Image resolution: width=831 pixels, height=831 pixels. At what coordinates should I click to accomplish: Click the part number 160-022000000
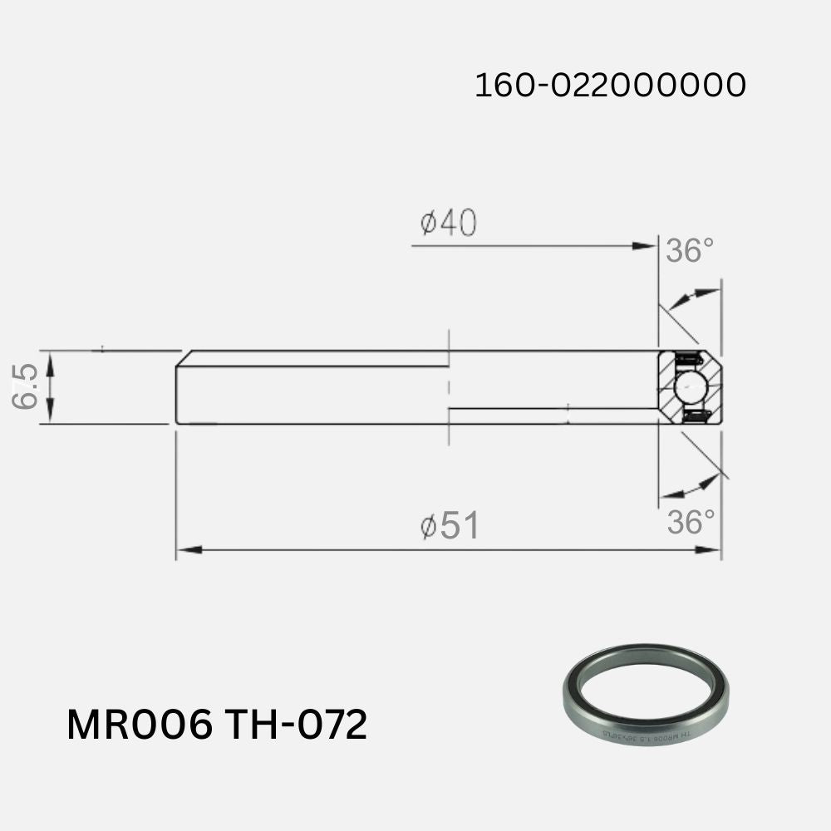click(609, 85)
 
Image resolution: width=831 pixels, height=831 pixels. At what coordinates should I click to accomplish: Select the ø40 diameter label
click(448, 223)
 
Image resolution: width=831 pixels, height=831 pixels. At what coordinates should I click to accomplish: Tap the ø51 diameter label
click(449, 526)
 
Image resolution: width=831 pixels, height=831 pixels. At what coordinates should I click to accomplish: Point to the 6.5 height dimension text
click(26, 387)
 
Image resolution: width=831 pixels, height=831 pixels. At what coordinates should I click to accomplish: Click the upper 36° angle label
click(689, 250)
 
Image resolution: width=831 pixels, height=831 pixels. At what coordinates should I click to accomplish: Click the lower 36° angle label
click(691, 523)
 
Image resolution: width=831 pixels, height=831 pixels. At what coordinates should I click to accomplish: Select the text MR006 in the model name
click(139, 725)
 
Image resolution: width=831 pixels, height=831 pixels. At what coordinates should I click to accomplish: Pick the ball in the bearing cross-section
click(690, 387)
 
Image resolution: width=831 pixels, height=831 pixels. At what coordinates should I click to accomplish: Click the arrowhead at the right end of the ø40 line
click(644, 246)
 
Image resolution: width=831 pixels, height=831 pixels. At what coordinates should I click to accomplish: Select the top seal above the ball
click(688, 359)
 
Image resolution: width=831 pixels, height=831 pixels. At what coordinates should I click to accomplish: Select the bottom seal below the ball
click(695, 415)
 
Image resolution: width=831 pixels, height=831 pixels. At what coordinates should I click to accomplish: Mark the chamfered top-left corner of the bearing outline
click(184, 358)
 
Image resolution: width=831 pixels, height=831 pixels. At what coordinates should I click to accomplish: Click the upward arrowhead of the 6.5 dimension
click(50, 359)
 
